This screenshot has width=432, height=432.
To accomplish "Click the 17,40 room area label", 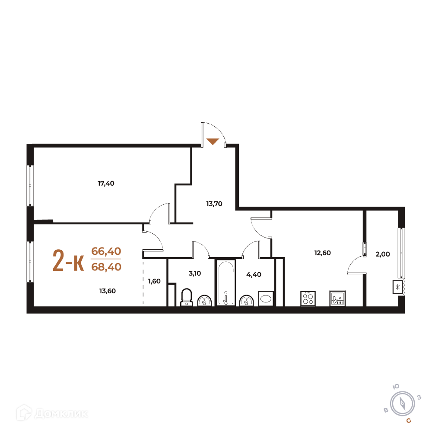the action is (106, 184).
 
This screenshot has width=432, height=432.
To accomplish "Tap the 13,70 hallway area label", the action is (214, 204).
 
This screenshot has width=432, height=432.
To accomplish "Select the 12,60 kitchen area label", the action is (323, 253).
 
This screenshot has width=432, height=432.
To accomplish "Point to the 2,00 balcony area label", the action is (383, 254).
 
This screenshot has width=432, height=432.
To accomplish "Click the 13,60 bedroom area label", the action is (108, 291).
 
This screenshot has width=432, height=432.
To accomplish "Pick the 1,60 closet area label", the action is (154, 281).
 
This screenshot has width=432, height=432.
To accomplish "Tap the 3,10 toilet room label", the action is (195, 273).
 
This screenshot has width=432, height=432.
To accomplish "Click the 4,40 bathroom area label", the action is (254, 274).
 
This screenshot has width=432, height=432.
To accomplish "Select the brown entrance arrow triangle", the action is (213, 141).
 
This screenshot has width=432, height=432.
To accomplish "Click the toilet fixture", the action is (187, 297).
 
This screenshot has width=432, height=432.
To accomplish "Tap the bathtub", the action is (226, 283).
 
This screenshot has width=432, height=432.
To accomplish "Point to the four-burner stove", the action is (308, 299).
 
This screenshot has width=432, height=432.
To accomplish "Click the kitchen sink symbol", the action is (337, 299).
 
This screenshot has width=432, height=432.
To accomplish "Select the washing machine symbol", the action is (266, 299).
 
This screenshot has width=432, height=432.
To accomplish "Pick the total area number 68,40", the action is (106, 267).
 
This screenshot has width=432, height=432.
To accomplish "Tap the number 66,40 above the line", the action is (106, 251).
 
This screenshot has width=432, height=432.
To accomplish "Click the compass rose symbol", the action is (403, 404).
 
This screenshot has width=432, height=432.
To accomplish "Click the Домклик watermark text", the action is (61, 413).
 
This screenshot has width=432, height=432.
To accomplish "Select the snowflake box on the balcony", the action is (397, 287).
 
